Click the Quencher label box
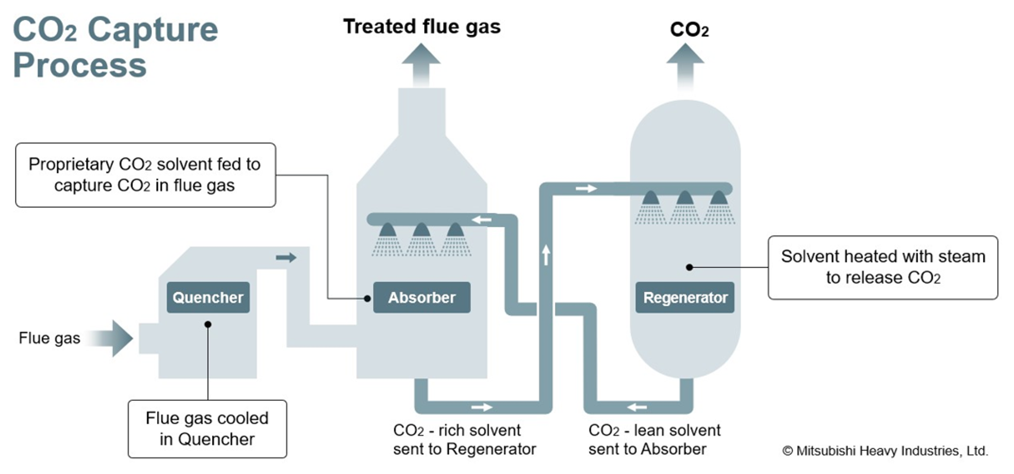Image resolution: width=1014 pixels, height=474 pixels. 208,297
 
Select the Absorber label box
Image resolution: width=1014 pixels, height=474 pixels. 421,297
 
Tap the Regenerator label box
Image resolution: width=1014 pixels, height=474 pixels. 684,297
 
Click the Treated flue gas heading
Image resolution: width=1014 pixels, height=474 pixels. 422,26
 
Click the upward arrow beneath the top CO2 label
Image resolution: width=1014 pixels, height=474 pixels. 685,65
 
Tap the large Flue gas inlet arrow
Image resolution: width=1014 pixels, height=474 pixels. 111,338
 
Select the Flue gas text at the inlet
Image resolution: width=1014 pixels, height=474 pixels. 50,338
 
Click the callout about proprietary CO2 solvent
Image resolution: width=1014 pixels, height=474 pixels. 145,175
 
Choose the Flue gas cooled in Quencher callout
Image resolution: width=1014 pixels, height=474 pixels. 207,429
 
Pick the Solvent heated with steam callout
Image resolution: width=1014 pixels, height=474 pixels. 882,267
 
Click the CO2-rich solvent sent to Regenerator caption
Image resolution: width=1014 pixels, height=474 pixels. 464,439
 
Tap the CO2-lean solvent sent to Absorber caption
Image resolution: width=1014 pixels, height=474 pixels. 654,439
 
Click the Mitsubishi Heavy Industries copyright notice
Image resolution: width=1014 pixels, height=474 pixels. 885,451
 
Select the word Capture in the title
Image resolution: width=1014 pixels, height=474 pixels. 153,29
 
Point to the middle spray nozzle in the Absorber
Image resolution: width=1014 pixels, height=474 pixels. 421,231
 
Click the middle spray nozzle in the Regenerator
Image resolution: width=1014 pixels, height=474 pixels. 684,199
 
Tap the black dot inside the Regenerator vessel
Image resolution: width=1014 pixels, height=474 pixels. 689,267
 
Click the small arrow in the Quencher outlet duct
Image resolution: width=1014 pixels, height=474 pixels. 286,257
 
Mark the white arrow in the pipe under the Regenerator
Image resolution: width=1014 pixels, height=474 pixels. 637,407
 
